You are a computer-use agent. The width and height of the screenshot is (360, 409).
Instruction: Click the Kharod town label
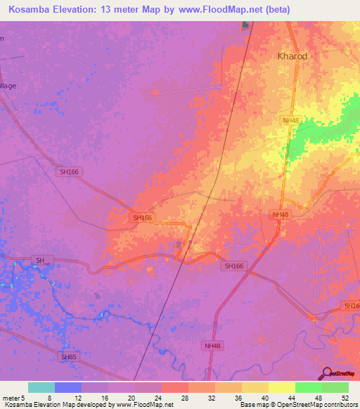click(292, 56)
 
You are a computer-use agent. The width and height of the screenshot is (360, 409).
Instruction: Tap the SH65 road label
click(68, 357)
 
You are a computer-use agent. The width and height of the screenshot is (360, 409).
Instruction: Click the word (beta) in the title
click(276, 9)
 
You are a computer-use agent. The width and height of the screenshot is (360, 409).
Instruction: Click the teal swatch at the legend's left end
click(41, 387)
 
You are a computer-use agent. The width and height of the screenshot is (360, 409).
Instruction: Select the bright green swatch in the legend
click(308, 387)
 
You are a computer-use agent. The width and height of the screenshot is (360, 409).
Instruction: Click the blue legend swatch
click(68, 387)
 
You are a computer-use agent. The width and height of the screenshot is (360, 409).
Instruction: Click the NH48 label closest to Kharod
click(291, 121)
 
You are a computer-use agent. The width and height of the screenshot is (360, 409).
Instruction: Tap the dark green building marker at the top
click(246, 26)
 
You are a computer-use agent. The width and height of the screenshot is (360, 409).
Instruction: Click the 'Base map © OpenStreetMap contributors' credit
click(297, 405)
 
